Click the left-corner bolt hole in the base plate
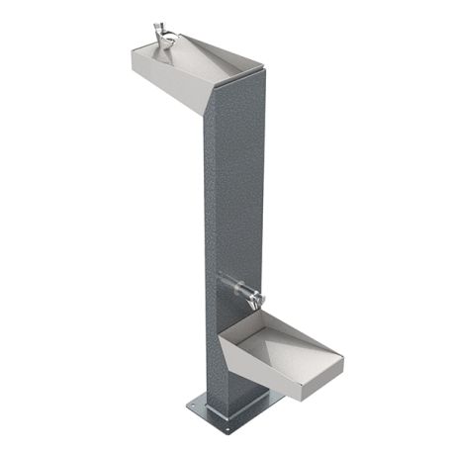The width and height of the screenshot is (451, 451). pos(194,403)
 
